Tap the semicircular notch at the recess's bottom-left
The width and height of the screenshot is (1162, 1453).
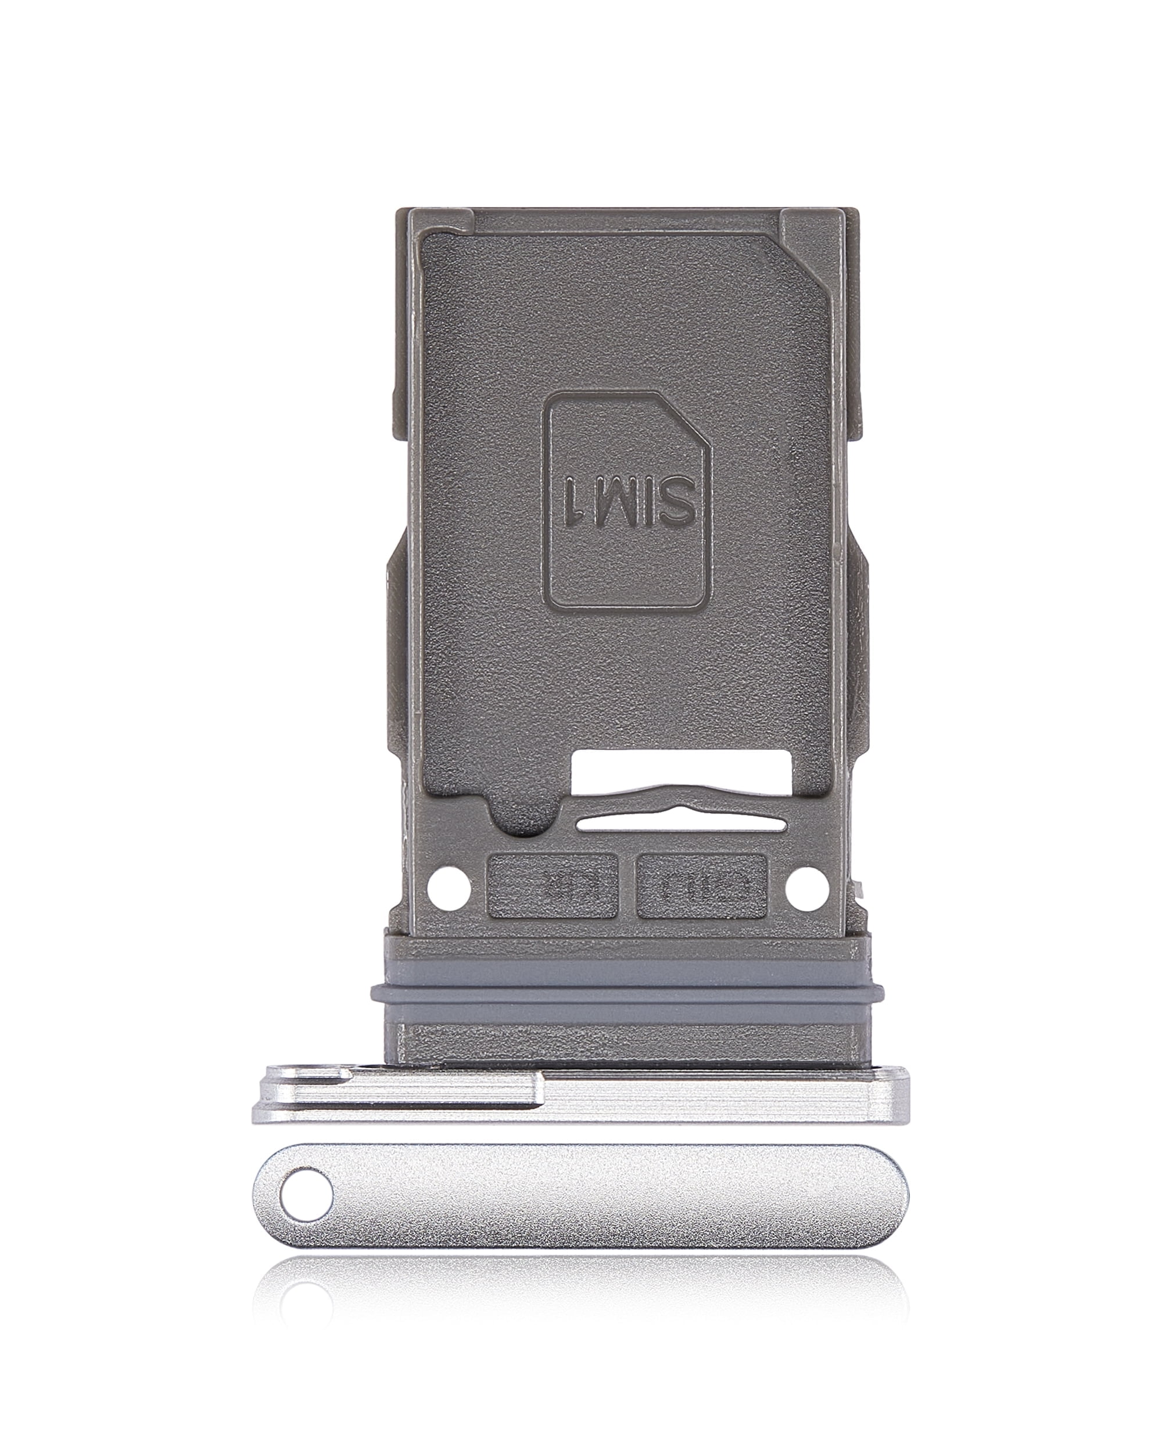[522, 819]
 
